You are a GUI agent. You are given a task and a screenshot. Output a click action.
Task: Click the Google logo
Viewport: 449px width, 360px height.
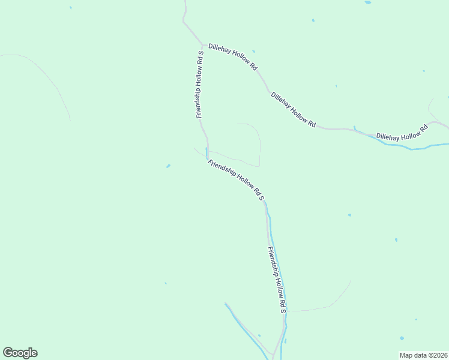click(20, 353)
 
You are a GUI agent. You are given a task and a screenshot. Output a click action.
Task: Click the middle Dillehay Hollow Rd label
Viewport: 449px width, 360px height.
click(293, 109)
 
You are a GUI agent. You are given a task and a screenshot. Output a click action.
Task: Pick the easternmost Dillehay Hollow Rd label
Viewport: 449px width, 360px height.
click(402, 133)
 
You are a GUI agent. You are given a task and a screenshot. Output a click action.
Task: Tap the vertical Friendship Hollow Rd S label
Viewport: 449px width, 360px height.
click(199, 85)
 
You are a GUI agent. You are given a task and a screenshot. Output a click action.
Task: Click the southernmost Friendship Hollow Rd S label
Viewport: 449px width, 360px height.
click(277, 279)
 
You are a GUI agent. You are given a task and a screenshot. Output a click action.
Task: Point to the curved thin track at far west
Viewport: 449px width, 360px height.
click(51, 81)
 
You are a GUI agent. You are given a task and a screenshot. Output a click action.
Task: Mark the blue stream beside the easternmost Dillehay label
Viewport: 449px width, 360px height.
click(414, 148)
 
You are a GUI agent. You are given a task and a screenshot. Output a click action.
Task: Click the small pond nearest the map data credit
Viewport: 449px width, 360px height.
click(402, 338)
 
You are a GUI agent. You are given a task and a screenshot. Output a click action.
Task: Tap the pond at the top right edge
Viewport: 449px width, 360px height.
click(367, 2)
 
